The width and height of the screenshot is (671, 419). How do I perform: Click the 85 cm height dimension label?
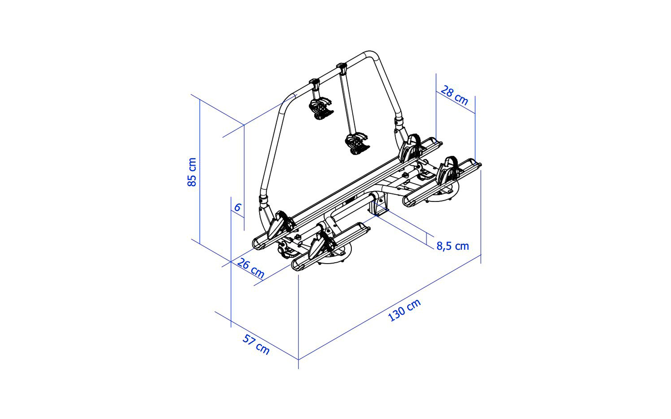192,172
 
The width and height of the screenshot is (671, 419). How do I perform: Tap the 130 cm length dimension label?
404,310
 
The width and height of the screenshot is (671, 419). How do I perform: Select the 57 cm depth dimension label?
256,344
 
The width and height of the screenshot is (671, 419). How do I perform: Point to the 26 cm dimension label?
251,268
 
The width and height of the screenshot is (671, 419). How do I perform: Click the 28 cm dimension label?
454,95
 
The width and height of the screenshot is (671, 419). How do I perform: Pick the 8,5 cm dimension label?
453,246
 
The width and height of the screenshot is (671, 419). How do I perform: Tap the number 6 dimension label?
237,207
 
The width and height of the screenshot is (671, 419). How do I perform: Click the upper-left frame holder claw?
321,109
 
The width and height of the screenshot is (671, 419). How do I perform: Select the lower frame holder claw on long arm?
357,144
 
